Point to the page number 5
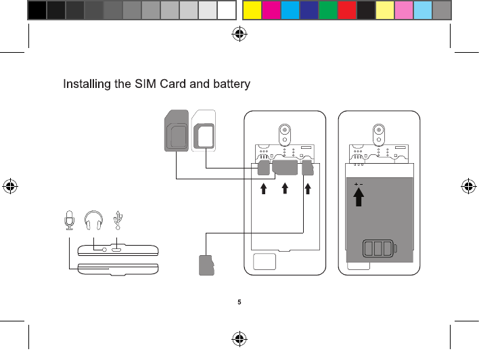point(239,302)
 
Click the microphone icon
point(68,220)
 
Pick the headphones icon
point(93,220)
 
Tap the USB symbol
point(118,219)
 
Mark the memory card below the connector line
point(206,265)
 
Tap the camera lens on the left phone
point(286,131)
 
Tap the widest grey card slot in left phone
point(286,168)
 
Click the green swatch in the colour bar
point(328,9)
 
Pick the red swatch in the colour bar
point(347,9)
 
